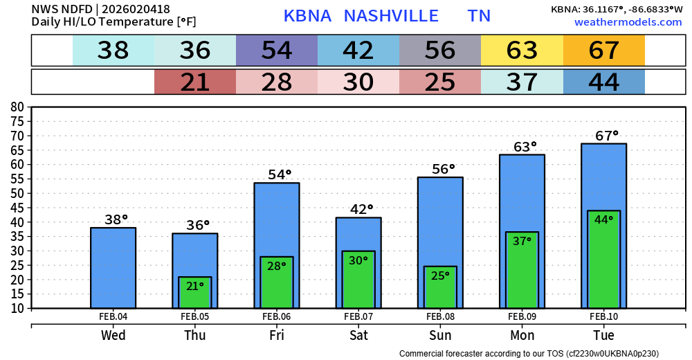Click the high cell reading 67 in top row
tap(604, 51)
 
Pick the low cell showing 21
tap(195, 82)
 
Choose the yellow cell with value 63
tap(522, 51)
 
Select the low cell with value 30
tap(358, 82)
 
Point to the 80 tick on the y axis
tap(17, 107)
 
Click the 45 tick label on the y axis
tap(17, 208)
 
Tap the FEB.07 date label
tap(358, 316)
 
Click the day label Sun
tap(440, 335)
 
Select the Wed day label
tap(113, 335)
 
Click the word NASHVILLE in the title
tap(391, 16)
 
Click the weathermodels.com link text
tap(628, 22)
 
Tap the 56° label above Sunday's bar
tap(440, 168)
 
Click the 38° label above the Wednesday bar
tap(116, 219)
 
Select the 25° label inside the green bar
tap(440, 275)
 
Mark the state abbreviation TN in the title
tap(479, 16)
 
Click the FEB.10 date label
tap(604, 316)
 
